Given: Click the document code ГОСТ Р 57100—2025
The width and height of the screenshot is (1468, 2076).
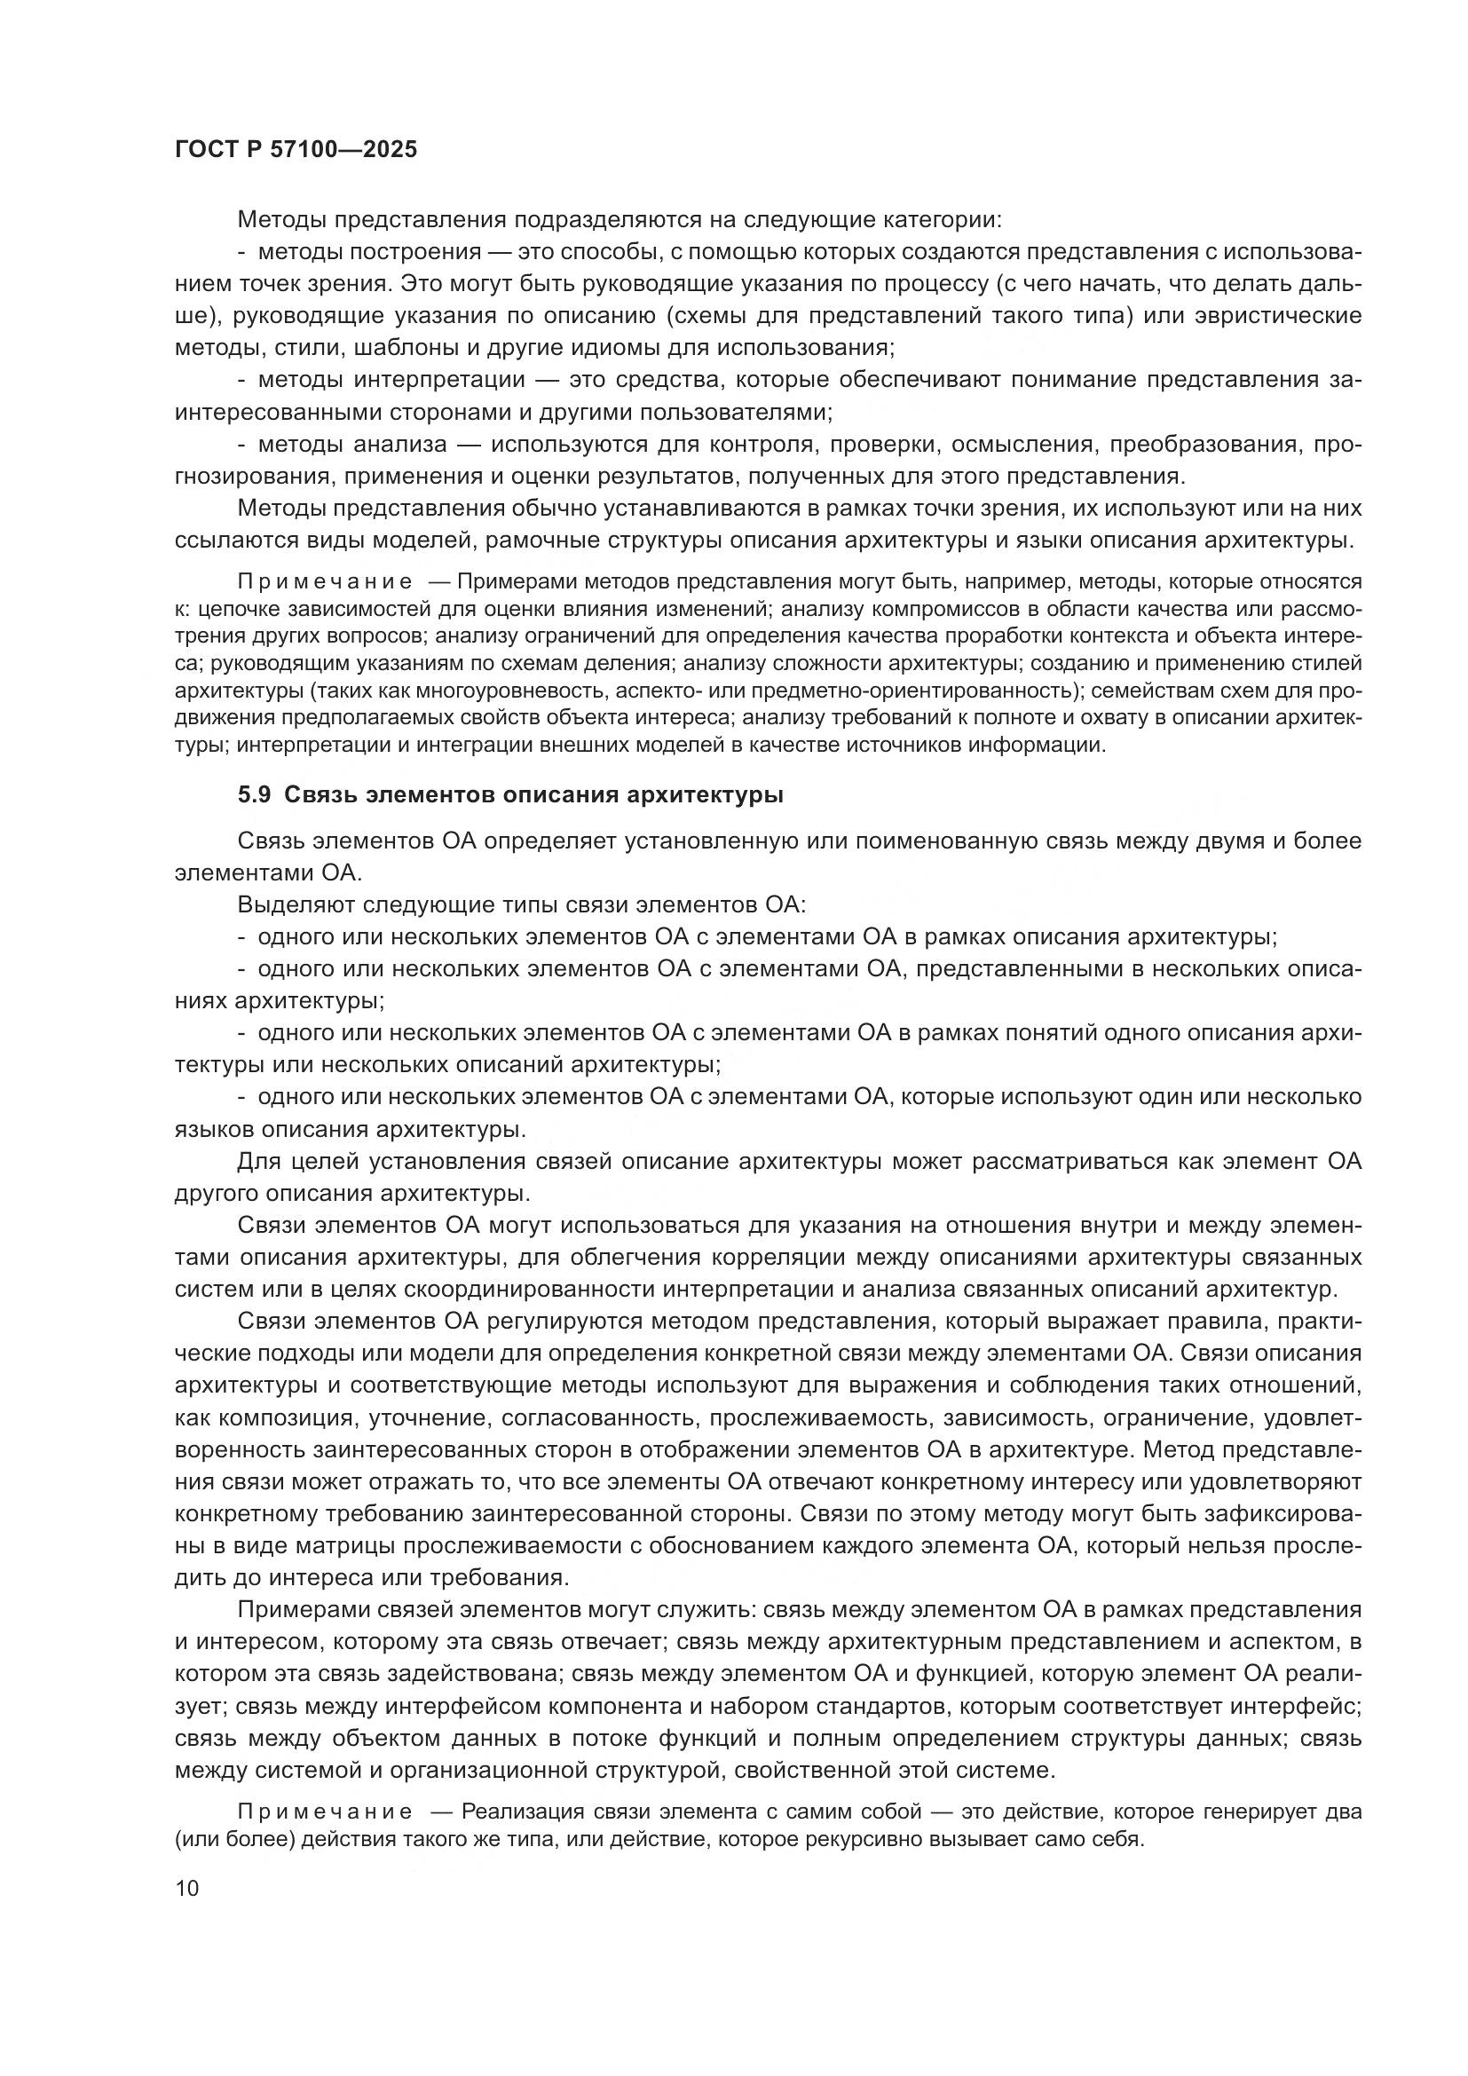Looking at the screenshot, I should tap(296, 149).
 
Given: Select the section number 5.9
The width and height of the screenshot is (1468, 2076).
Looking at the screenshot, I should tap(255, 794).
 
